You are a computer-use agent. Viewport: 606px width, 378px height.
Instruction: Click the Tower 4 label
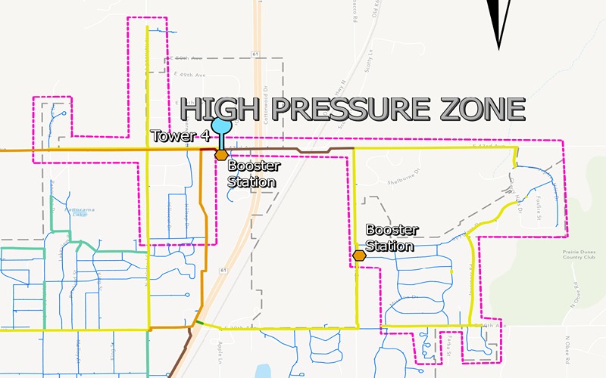click(180, 137)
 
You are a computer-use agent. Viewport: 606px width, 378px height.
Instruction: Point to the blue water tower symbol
click(221, 125)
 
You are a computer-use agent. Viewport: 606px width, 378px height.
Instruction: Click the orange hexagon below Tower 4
click(221, 155)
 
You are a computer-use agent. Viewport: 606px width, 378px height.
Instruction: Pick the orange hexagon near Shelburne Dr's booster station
click(359, 256)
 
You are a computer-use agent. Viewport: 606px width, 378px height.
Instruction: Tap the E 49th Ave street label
click(189, 75)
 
